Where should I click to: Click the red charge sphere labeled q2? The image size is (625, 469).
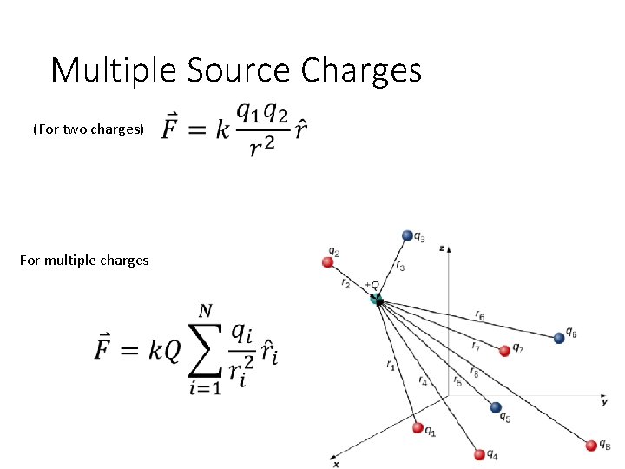(x=328, y=261)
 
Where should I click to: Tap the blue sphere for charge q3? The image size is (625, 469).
(x=407, y=235)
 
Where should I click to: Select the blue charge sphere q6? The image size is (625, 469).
(x=559, y=337)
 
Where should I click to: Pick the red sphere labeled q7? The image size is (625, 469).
(x=504, y=351)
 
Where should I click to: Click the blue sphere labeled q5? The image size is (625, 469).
(x=496, y=407)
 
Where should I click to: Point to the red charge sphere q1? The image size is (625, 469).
(x=418, y=428)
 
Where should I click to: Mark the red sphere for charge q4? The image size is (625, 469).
(x=479, y=454)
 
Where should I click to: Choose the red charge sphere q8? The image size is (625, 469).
(x=592, y=446)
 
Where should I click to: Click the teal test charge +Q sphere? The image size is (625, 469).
(x=376, y=300)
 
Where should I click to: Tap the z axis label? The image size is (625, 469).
(x=443, y=248)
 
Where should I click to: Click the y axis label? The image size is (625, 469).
(x=604, y=401)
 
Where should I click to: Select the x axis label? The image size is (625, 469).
(x=336, y=464)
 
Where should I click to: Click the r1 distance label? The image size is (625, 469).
(x=391, y=367)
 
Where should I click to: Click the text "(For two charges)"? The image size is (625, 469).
(x=89, y=129)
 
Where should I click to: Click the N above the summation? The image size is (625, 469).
(x=206, y=311)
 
